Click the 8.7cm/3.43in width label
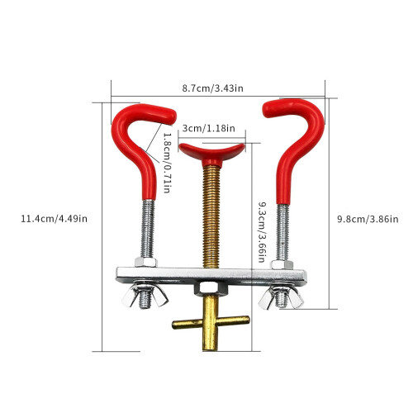pos(212,88)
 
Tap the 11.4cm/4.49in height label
pos(55,219)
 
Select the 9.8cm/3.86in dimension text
pos(368,219)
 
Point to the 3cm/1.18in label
pos(209,128)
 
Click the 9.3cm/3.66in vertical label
pos(262,232)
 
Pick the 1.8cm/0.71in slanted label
pos(168,163)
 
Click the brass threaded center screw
pos(211,216)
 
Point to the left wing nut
pos(145,296)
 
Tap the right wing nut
pos(281,297)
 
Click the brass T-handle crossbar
pos(211,322)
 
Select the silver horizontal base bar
pos(211,275)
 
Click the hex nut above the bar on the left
pos(145,262)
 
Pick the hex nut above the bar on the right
pos(282,264)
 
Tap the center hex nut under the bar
pos(211,288)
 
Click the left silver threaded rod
pos(148,229)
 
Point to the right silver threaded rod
pos(282,232)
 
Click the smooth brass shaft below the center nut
pos(211,323)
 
